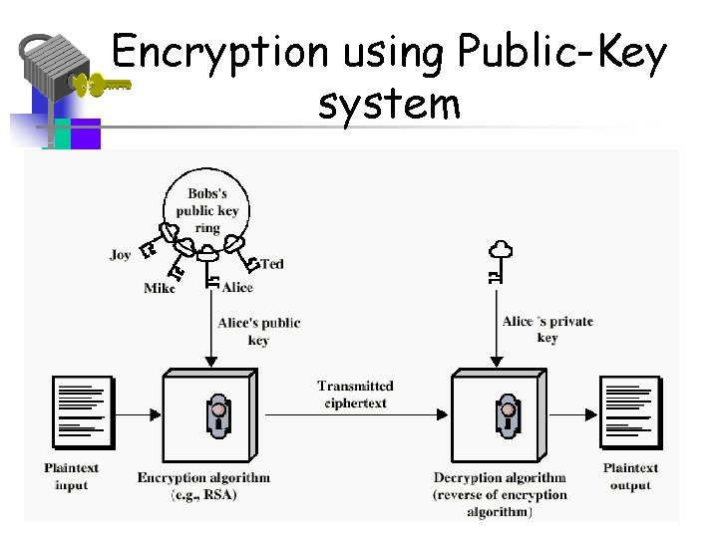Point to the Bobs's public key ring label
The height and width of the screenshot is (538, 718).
206,210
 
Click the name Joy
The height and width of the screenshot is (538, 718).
120,255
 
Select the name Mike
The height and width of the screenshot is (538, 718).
159,288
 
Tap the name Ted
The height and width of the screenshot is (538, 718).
272,264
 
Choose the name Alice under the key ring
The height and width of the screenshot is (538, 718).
237,288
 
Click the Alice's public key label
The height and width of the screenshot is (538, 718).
258,331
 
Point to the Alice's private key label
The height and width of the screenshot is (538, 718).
547,329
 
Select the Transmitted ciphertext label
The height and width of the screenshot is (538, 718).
355,395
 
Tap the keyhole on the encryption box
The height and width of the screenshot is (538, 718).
217,415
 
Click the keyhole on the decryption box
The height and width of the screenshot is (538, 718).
509,415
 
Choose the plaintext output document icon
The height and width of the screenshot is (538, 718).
629,412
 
